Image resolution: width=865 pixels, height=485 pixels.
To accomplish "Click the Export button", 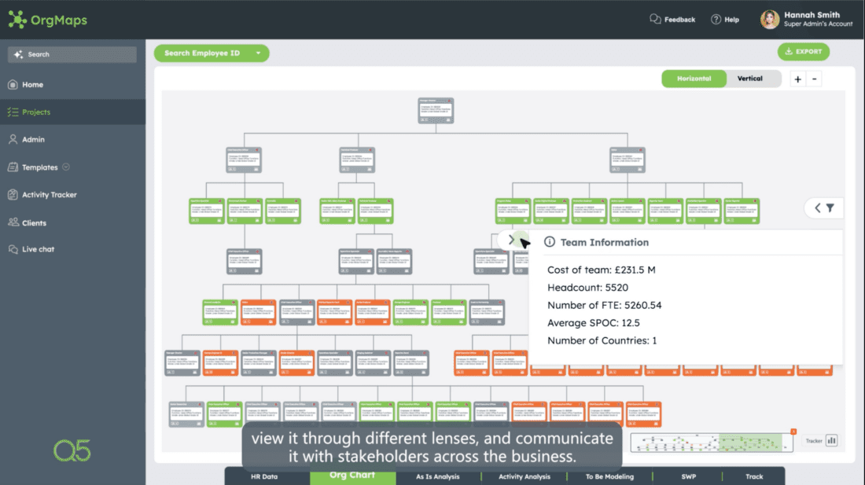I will pyautogui.click(x=803, y=52).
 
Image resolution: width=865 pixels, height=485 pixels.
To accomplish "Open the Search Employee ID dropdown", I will pyautogui.click(x=211, y=53).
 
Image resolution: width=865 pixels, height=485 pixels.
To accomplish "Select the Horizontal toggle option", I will pyautogui.click(x=694, y=79).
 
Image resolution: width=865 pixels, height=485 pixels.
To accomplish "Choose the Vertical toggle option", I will pyautogui.click(x=749, y=79).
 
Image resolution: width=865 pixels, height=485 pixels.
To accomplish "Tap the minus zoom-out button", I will pyautogui.click(x=815, y=79).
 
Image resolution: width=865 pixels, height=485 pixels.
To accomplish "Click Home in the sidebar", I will pyautogui.click(x=32, y=85).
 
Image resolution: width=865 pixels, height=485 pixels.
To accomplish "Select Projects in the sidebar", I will pyautogui.click(x=35, y=112).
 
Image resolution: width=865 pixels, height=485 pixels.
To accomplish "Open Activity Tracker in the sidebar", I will pyautogui.click(x=49, y=195).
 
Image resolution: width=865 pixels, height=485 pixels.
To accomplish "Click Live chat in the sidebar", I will pyautogui.click(x=38, y=249).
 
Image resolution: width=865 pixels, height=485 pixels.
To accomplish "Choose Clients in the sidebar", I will pyautogui.click(x=34, y=223).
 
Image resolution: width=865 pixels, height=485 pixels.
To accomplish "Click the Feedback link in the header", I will pyautogui.click(x=672, y=20).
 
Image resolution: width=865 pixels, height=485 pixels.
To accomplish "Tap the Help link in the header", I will pyautogui.click(x=725, y=20).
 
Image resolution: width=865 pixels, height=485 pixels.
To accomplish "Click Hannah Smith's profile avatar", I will pyautogui.click(x=770, y=20).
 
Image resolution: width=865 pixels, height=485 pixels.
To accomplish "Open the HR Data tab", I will pyautogui.click(x=264, y=476).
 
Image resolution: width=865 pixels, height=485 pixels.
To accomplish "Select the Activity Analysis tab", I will pyautogui.click(x=525, y=476).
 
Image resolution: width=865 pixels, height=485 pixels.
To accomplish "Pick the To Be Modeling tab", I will pyautogui.click(x=609, y=476).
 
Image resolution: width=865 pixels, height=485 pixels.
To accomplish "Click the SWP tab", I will pyautogui.click(x=688, y=476).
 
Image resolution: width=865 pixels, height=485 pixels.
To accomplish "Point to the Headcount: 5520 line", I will pyautogui.click(x=587, y=288).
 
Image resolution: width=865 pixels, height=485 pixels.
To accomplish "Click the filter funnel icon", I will pyautogui.click(x=830, y=208).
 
